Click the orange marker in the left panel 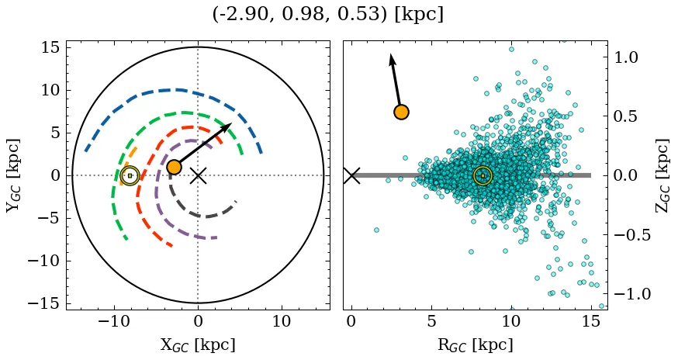(174, 167)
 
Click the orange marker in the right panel (401, 112)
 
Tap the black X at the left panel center (198, 175)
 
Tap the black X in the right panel (351, 175)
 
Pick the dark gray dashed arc (203, 216)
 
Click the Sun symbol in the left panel (130, 175)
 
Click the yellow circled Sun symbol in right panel (483, 175)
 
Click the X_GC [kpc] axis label (198, 344)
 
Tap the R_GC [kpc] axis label (476, 344)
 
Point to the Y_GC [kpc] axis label (12, 175)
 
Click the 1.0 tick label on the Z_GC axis (626, 57)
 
